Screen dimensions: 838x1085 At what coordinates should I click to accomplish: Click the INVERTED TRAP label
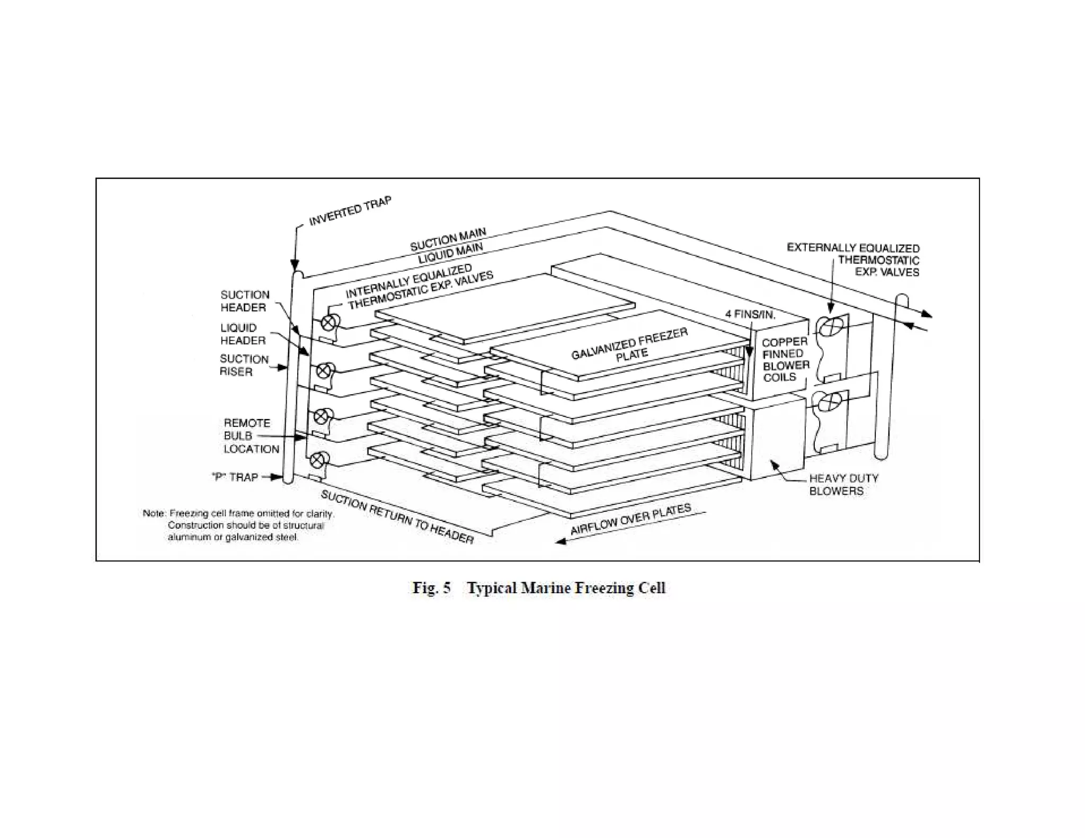tap(350, 211)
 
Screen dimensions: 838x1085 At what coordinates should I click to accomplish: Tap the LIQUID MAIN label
tap(450, 254)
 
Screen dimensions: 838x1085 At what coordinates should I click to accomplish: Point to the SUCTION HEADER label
tap(244, 301)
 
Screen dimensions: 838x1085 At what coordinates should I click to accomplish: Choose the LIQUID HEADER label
tap(243, 334)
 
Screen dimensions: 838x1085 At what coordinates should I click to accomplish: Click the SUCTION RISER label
tap(244, 365)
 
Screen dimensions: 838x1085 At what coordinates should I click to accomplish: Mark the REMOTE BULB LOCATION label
tap(251, 436)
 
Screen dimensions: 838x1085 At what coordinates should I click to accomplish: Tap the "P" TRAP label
tap(235, 477)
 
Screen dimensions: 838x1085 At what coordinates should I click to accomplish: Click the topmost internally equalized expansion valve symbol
tap(328, 323)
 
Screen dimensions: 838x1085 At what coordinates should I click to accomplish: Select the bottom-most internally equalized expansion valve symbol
tap(316, 459)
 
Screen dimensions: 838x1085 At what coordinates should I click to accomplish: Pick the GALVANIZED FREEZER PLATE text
tap(629, 345)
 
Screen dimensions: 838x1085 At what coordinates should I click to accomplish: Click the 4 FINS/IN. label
tap(750, 315)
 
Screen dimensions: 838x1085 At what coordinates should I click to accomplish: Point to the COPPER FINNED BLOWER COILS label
tap(786, 359)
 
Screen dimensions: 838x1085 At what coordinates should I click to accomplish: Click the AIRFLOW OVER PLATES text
tap(630, 520)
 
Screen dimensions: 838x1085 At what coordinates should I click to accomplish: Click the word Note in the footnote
tap(154, 513)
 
